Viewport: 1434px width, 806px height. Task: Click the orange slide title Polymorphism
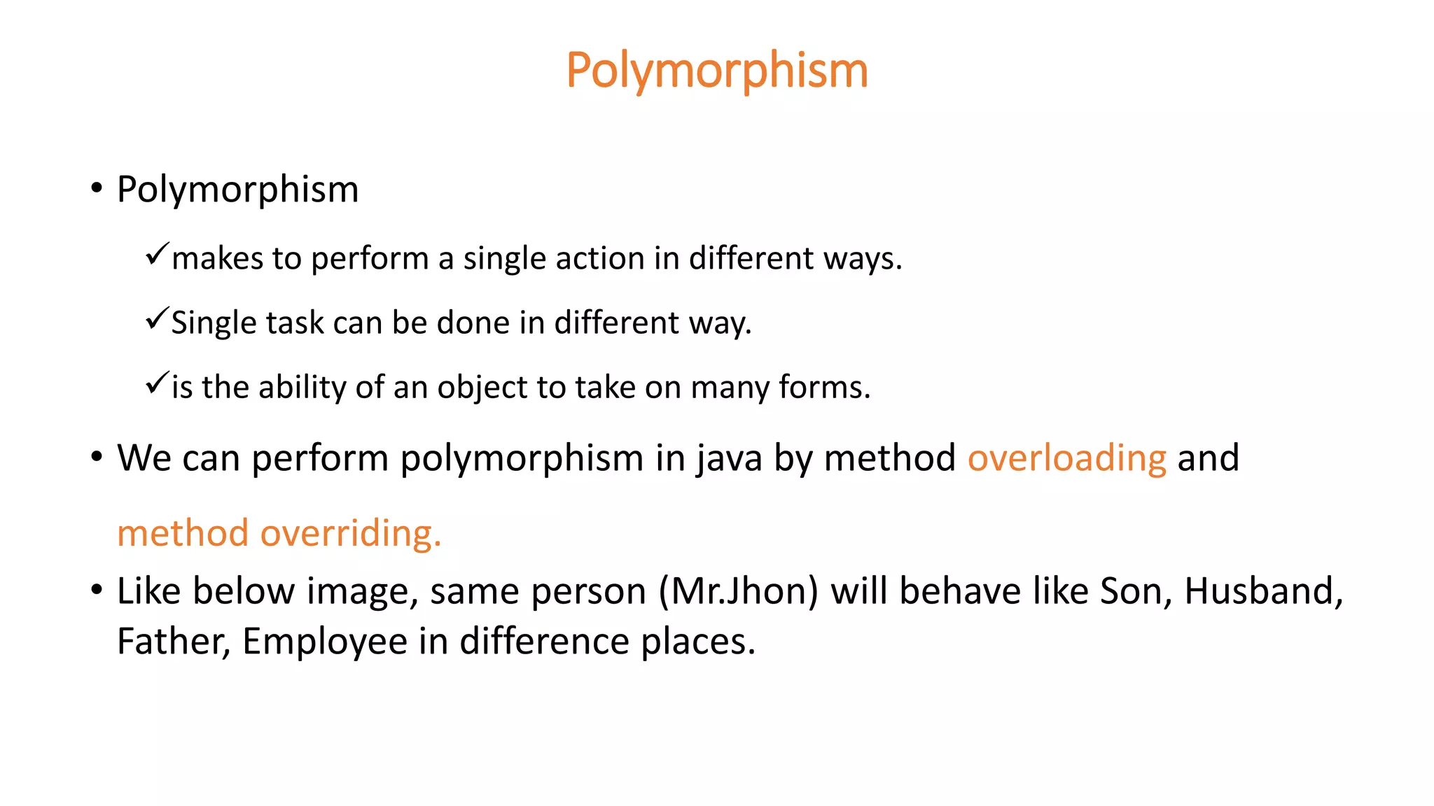tap(717, 71)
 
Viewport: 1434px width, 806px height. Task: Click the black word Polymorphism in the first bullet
tap(237, 190)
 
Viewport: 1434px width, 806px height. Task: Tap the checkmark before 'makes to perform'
tap(157, 253)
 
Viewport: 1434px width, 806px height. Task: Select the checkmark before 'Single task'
tap(157, 318)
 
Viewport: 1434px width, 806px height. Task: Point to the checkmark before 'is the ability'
tap(157, 383)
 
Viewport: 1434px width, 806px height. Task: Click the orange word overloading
tap(1066, 458)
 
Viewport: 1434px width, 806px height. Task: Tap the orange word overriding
tap(351, 533)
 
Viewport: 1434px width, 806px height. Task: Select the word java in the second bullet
tap(729, 460)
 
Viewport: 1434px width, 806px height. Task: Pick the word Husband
tap(1263, 591)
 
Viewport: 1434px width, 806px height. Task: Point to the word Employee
tap(325, 642)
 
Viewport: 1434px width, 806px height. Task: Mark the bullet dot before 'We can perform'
tap(97, 457)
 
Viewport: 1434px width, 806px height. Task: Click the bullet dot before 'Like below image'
tap(97, 591)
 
